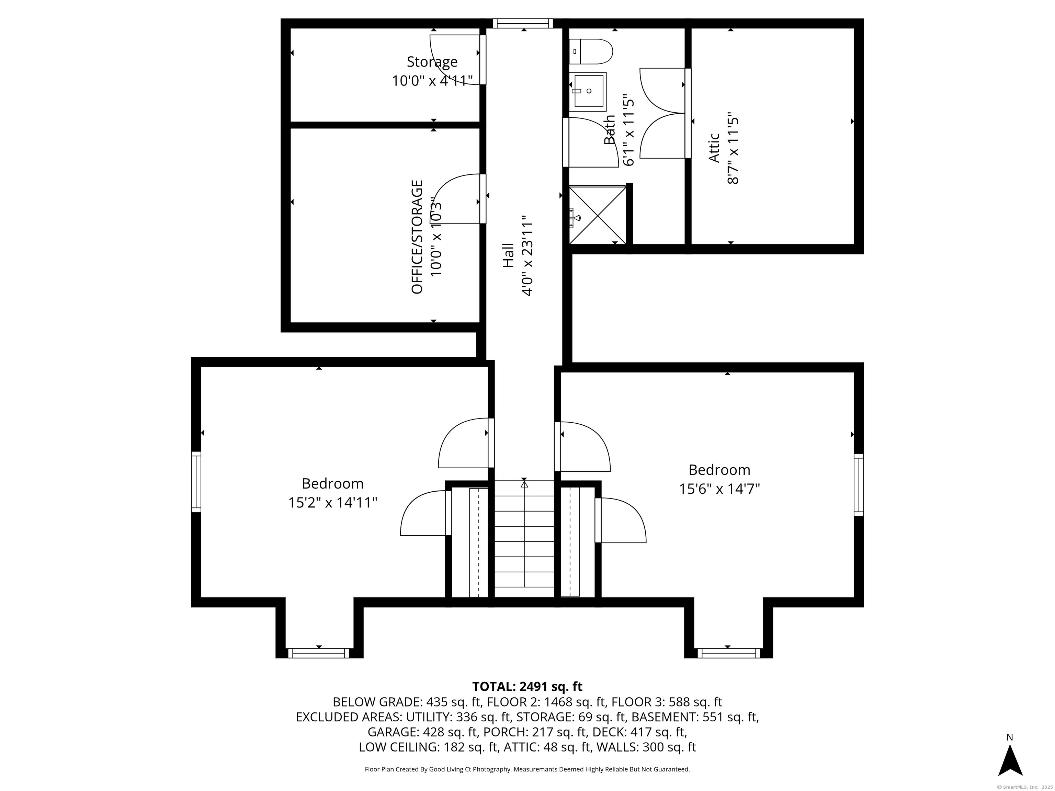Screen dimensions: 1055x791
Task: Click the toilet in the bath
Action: pos(590,51)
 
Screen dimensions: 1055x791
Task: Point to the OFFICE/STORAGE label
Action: pos(417,237)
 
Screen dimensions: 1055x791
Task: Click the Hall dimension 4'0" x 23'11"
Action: pos(527,259)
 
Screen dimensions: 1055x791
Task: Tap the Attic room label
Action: pos(714,148)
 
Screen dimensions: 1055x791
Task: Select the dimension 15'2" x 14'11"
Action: pos(333,503)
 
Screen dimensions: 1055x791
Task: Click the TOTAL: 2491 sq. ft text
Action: pos(527,687)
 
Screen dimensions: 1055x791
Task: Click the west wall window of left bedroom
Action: pos(196,482)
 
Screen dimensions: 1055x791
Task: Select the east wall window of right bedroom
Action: pos(859,485)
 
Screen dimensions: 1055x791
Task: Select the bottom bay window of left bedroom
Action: pos(319,653)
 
